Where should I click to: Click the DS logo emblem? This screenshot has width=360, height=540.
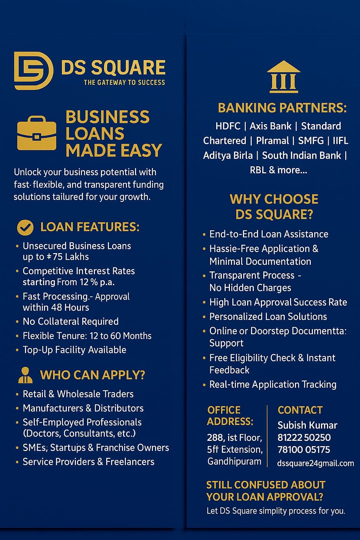tap(33, 71)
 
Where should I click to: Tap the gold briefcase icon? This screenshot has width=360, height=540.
tap(37, 133)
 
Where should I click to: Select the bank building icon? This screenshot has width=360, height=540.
tap(284, 77)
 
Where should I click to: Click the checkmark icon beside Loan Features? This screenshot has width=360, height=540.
tap(25, 227)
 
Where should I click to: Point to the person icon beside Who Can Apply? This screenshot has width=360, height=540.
tap(25, 375)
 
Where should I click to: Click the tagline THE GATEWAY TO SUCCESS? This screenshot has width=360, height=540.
tap(124, 83)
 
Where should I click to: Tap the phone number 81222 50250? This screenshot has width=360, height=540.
tap(304, 438)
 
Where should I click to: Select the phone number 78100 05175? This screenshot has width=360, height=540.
tap(304, 450)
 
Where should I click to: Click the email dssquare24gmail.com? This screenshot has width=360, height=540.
tap(315, 463)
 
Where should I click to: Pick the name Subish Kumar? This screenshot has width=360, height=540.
tap(307, 425)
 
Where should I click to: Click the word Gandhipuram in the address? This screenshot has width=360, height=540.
tap(234, 461)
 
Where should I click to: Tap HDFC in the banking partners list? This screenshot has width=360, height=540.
tap(228, 126)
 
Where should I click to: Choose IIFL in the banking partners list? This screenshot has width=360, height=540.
tap(340, 141)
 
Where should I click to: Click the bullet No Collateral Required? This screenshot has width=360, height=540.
tap(70, 321)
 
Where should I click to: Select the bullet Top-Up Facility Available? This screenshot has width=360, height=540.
tap(74, 350)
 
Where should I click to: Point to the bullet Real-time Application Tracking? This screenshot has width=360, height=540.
tap(273, 385)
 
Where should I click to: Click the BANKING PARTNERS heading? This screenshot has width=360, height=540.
tap(282, 108)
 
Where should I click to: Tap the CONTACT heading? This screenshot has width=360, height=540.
tap(300, 410)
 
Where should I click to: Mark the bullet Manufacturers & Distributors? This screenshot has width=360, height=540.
tap(83, 408)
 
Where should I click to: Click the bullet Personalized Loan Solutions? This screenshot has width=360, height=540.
tap(268, 316)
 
